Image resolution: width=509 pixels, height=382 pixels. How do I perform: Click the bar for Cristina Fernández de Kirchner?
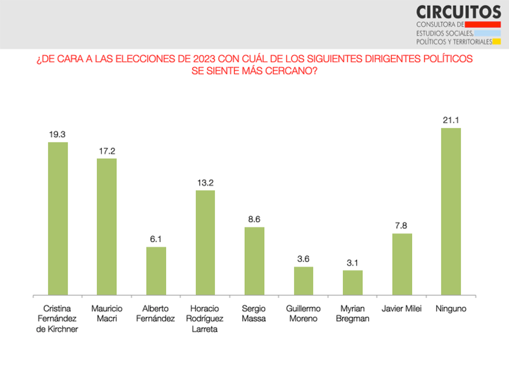(58, 218)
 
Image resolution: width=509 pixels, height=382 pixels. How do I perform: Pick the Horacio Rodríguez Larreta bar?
(205, 242)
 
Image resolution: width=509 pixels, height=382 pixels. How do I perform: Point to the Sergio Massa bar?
(255, 261)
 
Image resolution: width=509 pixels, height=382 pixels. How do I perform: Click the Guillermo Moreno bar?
(304, 281)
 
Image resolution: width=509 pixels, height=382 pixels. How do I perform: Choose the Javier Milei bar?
(402, 264)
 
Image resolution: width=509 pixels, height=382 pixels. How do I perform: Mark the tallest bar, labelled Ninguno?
(451, 211)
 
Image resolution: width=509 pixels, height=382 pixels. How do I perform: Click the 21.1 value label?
(451, 120)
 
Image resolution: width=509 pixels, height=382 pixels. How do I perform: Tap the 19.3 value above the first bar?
(58, 135)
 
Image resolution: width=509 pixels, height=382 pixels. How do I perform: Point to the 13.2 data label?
(205, 183)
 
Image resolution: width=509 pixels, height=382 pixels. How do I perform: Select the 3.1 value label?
(353, 263)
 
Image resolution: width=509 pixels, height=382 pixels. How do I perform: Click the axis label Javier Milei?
(402, 309)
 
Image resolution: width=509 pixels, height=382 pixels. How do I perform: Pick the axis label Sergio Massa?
(255, 314)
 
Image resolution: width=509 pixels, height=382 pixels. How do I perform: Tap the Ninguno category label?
(451, 309)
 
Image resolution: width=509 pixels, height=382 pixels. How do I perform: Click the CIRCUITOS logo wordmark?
(458, 12)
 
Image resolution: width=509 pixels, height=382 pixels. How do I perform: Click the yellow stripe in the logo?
(497, 42)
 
